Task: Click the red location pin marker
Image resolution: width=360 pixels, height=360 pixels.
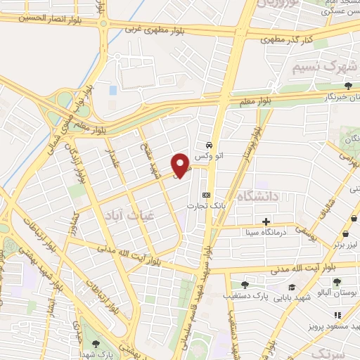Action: click(x=181, y=165)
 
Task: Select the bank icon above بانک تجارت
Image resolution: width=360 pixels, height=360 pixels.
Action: click(x=206, y=195)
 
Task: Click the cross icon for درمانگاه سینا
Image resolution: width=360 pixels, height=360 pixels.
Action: click(x=266, y=221)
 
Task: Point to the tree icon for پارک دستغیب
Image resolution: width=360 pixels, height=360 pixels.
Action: click(x=244, y=285)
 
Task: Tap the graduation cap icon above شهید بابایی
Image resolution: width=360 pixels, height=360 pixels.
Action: click(x=292, y=287)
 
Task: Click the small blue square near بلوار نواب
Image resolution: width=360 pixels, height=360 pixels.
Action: click(x=113, y=91)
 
